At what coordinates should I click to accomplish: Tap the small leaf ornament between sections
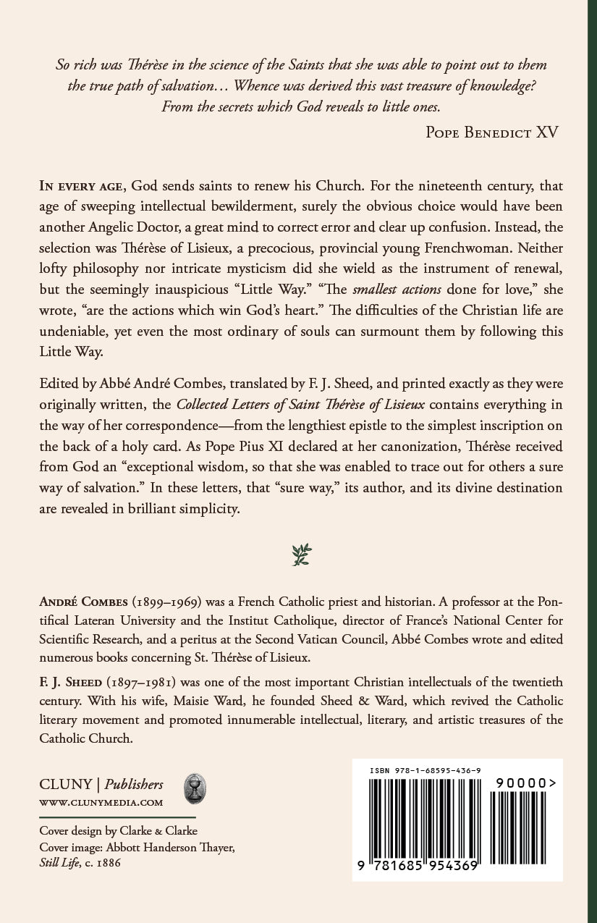tap(301, 555)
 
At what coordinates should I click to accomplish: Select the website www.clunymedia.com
tap(101, 802)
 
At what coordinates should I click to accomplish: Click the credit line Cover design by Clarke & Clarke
tap(118, 830)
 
